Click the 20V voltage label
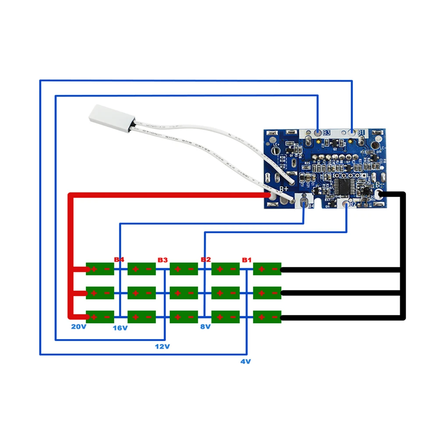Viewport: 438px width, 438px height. tap(79, 327)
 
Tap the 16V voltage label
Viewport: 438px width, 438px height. tap(120, 328)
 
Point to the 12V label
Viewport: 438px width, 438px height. tap(162, 346)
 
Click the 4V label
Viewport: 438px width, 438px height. tap(245, 362)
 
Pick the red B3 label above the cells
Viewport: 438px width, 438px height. tap(162, 260)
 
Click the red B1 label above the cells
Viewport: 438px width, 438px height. tap(247, 260)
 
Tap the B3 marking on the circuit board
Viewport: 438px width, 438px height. tap(327, 132)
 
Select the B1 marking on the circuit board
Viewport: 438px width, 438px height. tap(361, 132)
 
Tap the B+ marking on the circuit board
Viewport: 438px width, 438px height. tap(284, 189)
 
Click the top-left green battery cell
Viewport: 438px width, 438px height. tap(100, 269)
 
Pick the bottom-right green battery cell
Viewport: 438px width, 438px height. tap(267, 317)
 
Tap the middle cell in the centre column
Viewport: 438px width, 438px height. tap(184, 293)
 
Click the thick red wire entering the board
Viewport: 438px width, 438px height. tap(175, 195)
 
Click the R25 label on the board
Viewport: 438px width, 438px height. tap(307, 164)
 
